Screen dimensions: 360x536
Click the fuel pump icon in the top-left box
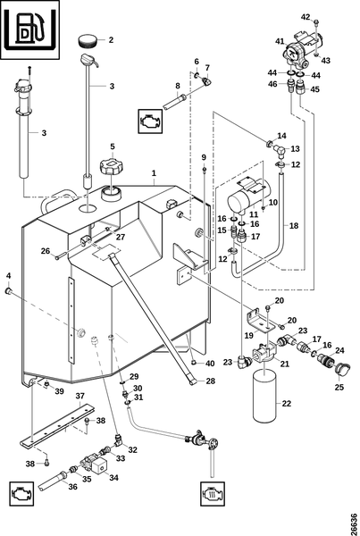(x=29, y=29)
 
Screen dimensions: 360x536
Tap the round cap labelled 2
(x=88, y=41)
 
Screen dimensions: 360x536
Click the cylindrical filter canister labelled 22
(x=267, y=397)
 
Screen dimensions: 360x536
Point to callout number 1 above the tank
(x=154, y=173)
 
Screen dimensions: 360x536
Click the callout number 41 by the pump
(x=280, y=41)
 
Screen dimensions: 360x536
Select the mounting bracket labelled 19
(x=260, y=322)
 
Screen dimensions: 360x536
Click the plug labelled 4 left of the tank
(x=8, y=291)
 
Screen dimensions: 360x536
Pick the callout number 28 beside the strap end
(x=211, y=381)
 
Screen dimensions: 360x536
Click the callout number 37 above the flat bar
(x=80, y=396)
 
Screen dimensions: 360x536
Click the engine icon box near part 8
(x=150, y=121)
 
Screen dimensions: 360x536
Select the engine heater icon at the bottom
(x=213, y=493)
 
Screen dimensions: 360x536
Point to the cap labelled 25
(x=342, y=369)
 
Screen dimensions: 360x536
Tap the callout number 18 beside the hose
(x=294, y=226)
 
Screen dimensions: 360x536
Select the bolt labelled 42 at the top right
(x=316, y=22)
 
